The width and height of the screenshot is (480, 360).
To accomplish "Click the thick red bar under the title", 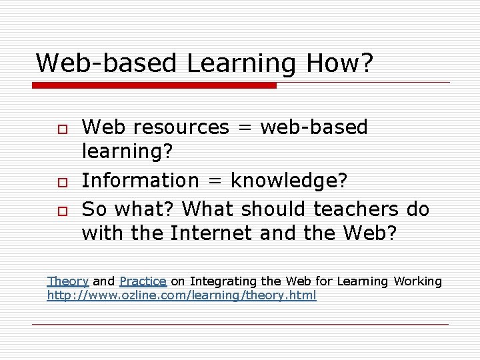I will point(154,85).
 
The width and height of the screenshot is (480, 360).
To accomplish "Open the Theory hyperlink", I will point(67,281).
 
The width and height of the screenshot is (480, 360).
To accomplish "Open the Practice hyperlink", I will point(143,281).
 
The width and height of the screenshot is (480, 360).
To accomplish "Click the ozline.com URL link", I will point(181,295).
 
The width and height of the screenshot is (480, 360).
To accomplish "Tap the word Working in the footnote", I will point(417,281).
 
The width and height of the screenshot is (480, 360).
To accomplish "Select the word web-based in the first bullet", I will point(314,127).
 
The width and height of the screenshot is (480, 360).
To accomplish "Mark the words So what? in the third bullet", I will point(129,209).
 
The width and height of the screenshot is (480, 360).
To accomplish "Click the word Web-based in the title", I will point(107,63).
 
